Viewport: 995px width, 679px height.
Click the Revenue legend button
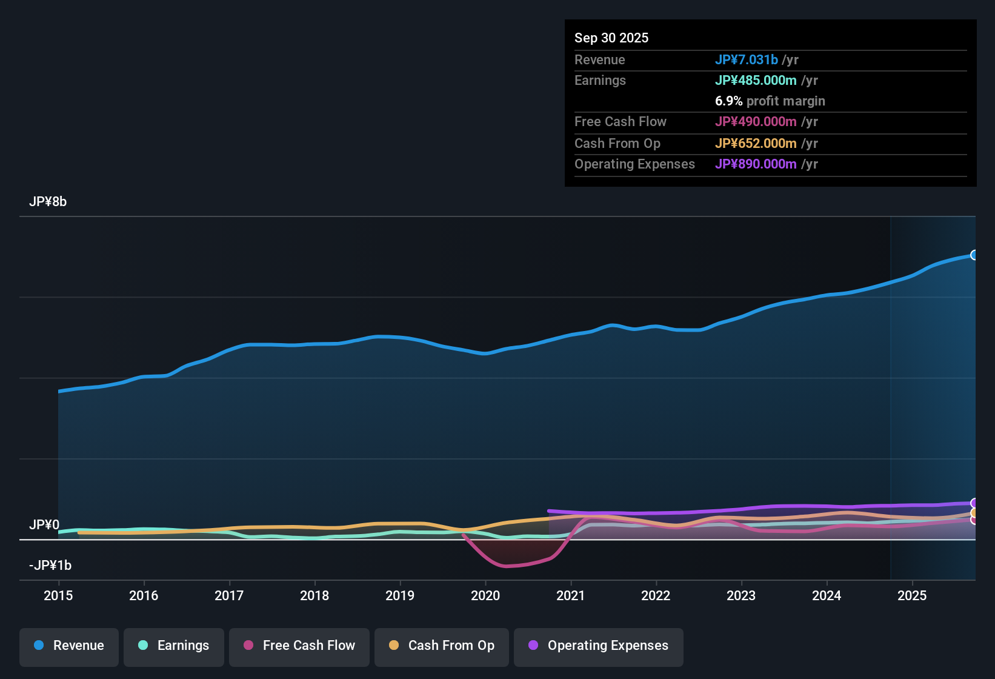(69, 646)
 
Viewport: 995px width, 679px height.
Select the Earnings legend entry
(174, 646)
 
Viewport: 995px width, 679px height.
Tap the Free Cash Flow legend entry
(299, 646)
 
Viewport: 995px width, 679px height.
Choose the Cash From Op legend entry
(442, 646)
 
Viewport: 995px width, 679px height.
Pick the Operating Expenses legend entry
(599, 646)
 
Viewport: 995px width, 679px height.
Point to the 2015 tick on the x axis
(58, 595)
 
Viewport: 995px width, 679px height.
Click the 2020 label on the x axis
(485, 595)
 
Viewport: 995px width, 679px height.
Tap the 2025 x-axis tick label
(912, 595)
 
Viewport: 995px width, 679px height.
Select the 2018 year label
(314, 595)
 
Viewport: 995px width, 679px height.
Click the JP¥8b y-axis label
(48, 202)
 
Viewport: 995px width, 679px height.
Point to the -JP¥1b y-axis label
(50, 566)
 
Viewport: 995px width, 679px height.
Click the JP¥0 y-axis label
(44, 525)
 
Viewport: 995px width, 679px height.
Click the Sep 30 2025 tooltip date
(611, 38)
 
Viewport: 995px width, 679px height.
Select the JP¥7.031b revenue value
(746, 59)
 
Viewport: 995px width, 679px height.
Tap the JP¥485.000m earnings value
(756, 80)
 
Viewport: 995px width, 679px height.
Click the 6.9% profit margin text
(770, 101)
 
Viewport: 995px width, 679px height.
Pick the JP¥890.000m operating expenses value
(756, 164)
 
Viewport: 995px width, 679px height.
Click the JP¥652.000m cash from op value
(756, 143)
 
